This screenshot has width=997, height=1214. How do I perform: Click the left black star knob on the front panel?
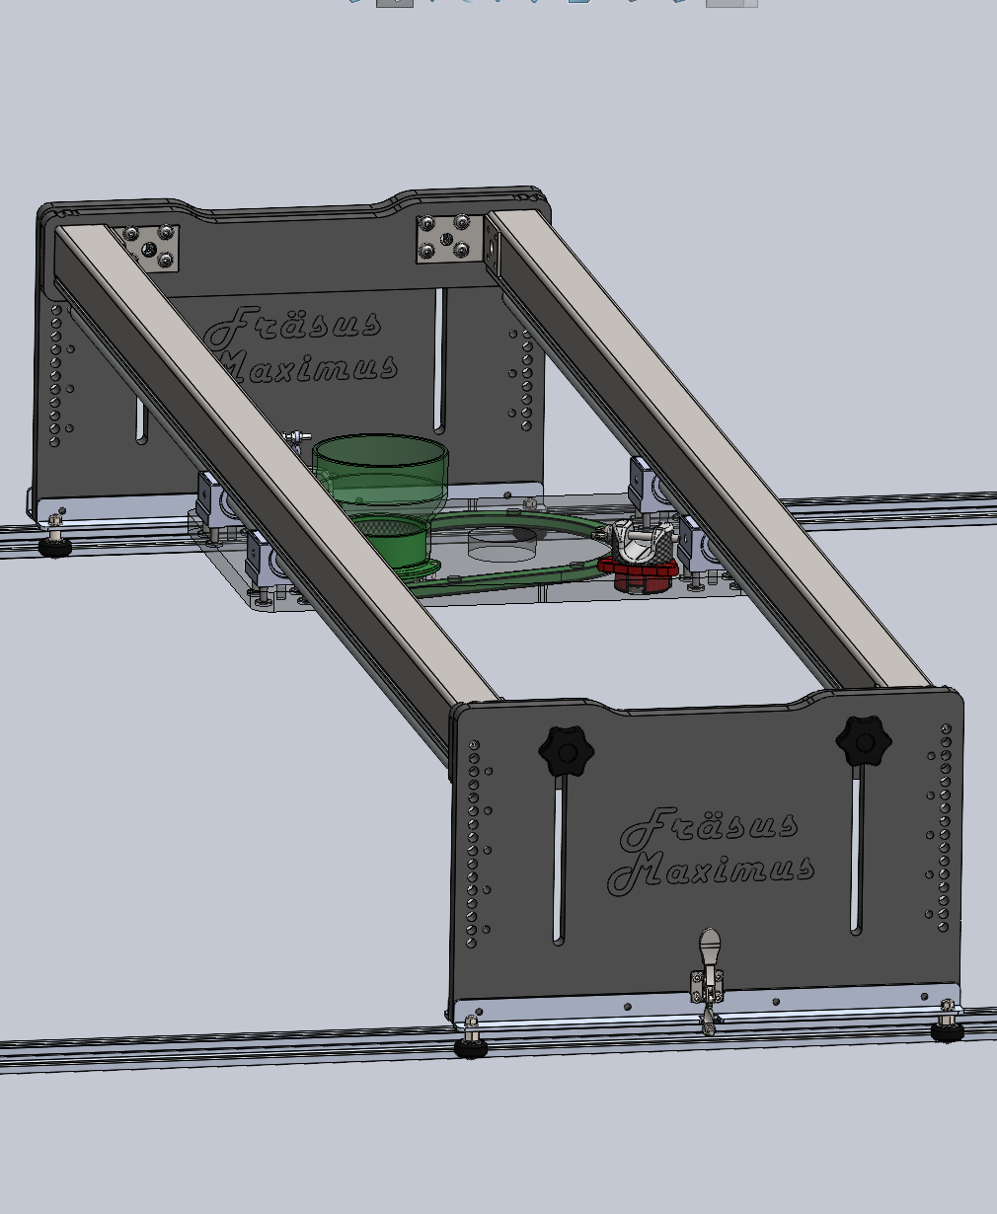(566, 753)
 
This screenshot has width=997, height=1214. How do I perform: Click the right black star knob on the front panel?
(863, 741)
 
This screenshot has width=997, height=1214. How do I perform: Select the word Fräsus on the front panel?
(709, 827)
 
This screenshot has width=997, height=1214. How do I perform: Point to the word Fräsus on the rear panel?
(293, 326)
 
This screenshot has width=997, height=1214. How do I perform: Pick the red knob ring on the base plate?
(638, 570)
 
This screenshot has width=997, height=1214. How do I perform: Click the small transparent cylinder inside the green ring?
(501, 543)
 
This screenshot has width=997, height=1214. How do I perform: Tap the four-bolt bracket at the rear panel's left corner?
(152, 246)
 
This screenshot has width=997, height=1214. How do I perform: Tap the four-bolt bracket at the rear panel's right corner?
(446, 238)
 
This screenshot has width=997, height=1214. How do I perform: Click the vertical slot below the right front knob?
(856, 854)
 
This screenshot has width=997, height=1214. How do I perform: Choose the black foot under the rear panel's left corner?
(54, 546)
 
